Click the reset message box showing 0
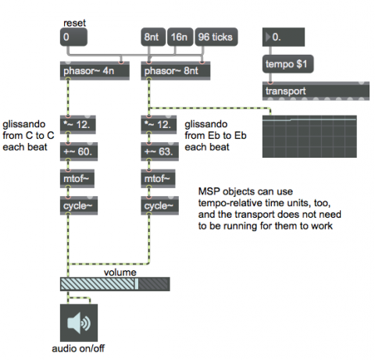tap(73, 37)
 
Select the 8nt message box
tap(153, 37)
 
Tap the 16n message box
tap(180, 37)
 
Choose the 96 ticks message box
tap(216, 37)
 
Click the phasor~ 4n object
tap(95, 71)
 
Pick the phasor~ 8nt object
tap(176, 71)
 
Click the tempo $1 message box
tap(288, 64)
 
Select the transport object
tap(316, 91)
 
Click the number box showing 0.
tap(284, 37)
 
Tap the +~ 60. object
tap(79, 151)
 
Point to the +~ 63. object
tap(160, 151)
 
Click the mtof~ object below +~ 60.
tap(77, 179)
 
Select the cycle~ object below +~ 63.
tap(160, 205)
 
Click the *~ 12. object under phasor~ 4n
tap(78, 125)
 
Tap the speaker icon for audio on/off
tap(79, 323)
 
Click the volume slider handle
tap(136, 284)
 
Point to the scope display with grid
tap(309, 137)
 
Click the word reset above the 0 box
tap(74, 23)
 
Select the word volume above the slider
tap(120, 273)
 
